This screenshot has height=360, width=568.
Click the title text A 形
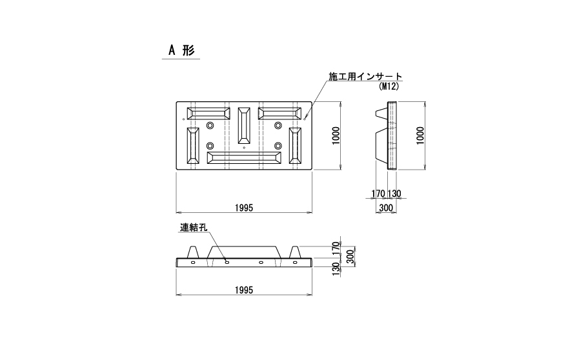coord(180,51)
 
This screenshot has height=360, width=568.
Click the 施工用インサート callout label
coord(365,77)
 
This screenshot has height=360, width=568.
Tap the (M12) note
coord(388,86)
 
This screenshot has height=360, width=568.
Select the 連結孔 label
coord(193,228)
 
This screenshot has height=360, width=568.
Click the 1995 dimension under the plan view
coord(244,207)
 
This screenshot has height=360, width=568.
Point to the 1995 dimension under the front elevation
coord(244,290)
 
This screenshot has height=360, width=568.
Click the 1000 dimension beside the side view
coord(420,135)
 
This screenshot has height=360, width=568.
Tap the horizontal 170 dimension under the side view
coord(379,194)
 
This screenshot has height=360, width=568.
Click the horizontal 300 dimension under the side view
coord(386,207)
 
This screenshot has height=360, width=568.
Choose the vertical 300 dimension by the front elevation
coord(351,256)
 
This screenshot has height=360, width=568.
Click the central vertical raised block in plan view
coord(244,126)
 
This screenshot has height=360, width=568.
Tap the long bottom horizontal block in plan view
coord(244,157)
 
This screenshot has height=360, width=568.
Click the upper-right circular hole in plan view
coord(278,125)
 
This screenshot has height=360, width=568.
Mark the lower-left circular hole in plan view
coord(210,146)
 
